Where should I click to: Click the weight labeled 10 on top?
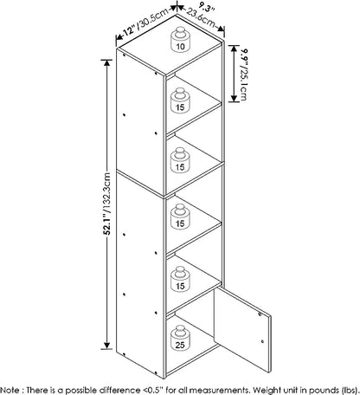180,40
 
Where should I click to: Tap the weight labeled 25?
180,338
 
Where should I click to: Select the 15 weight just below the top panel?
180,100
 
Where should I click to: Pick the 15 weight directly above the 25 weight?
180,279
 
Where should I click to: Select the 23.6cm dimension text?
201,18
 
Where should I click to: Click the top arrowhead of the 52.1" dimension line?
107,62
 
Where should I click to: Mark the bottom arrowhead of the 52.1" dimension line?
107,346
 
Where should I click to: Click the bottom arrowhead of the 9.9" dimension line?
234,99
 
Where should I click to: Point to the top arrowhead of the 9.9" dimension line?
234,49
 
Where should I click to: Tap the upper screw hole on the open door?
260,315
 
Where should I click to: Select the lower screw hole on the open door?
262,341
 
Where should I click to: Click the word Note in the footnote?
10,390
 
